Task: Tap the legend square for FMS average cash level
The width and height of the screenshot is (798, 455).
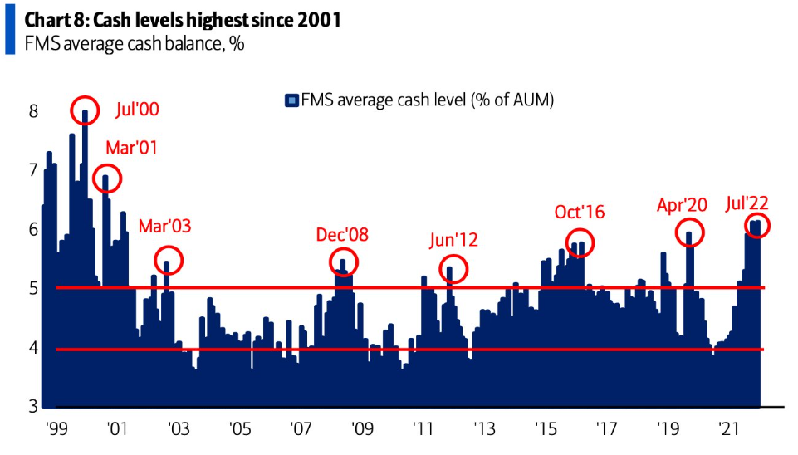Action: (x=291, y=100)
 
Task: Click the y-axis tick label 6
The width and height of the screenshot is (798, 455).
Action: (x=33, y=229)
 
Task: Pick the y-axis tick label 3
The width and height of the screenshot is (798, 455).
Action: (x=33, y=406)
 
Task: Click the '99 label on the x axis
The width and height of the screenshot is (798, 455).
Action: (x=56, y=430)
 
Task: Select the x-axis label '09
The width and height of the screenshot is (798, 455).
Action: (x=362, y=430)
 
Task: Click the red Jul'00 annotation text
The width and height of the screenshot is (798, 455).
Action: (x=137, y=110)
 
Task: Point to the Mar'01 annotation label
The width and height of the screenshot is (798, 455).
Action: (x=131, y=149)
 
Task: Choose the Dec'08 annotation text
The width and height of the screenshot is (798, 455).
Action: (x=342, y=235)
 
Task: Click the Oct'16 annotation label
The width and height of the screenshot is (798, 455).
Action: (x=580, y=213)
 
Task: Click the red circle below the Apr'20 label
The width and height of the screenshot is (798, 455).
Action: (x=689, y=232)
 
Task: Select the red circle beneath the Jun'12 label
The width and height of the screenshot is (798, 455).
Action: (x=453, y=268)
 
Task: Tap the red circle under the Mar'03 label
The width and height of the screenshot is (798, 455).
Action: (x=168, y=261)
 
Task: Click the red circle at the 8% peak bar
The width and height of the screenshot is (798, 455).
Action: (x=85, y=111)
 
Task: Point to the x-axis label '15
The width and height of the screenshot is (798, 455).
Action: (x=546, y=430)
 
